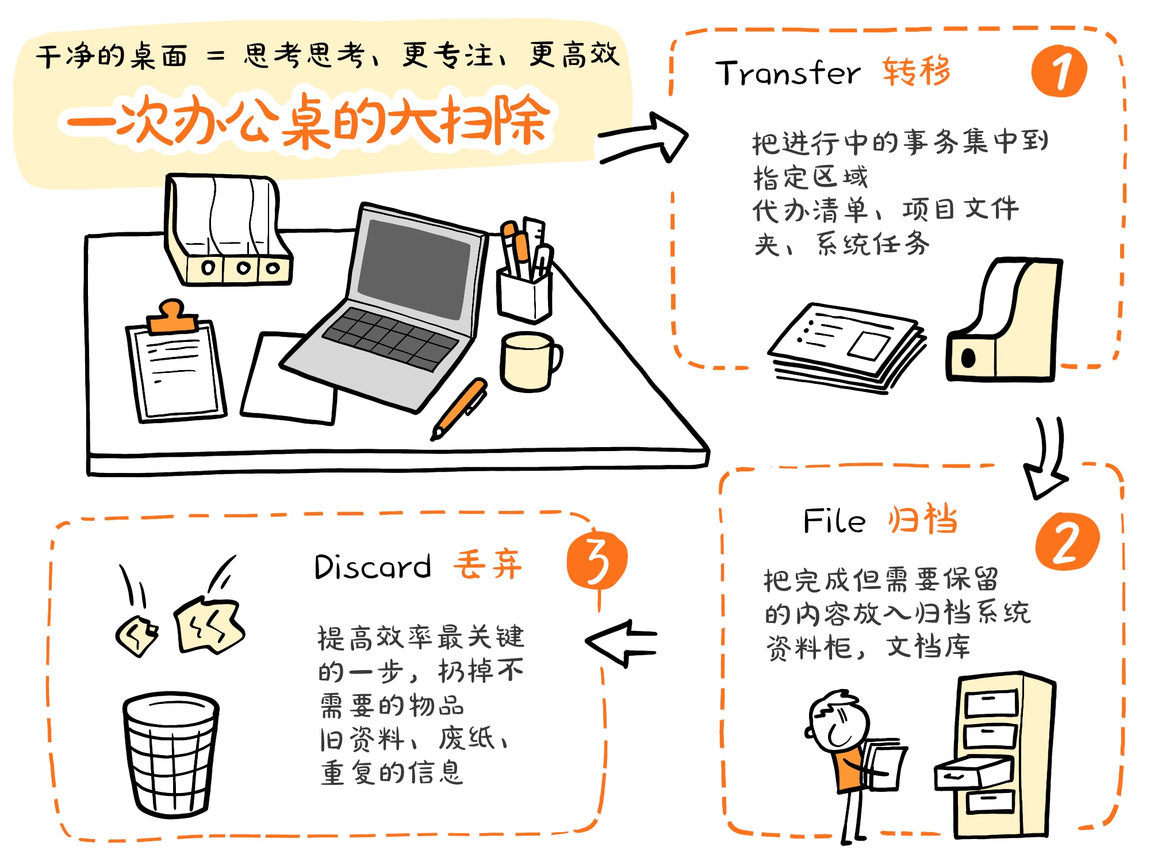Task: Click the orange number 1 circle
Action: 1059,71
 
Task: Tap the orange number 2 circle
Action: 1067,541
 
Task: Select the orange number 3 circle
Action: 597,560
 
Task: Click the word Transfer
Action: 788,73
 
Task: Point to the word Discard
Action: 373,567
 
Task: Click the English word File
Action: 834,521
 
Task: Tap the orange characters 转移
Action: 917,71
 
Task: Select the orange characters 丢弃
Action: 488,564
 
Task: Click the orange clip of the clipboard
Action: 172,317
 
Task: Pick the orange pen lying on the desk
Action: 459,409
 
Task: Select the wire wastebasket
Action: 171,754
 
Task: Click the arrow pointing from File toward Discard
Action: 621,643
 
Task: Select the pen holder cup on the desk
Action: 524,294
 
